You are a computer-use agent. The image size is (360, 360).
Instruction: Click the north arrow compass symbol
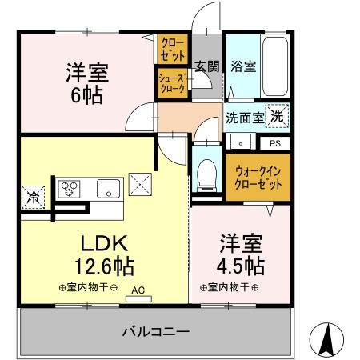pyautogui.click(x=329, y=340)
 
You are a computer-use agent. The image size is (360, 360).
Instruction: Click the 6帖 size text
pyautogui.click(x=86, y=94)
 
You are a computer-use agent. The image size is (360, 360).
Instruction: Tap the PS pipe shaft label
pyautogui.click(x=274, y=144)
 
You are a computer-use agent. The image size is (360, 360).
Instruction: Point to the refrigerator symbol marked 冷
pyautogui.click(x=34, y=195)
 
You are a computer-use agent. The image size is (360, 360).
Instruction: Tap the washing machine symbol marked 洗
pyautogui.click(x=275, y=116)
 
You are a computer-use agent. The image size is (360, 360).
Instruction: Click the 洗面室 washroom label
pyautogui.click(x=242, y=118)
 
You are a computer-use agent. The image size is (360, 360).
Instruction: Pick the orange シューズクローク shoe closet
pyautogui.click(x=171, y=85)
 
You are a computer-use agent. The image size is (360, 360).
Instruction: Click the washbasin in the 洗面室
pyautogui.click(x=238, y=142)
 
